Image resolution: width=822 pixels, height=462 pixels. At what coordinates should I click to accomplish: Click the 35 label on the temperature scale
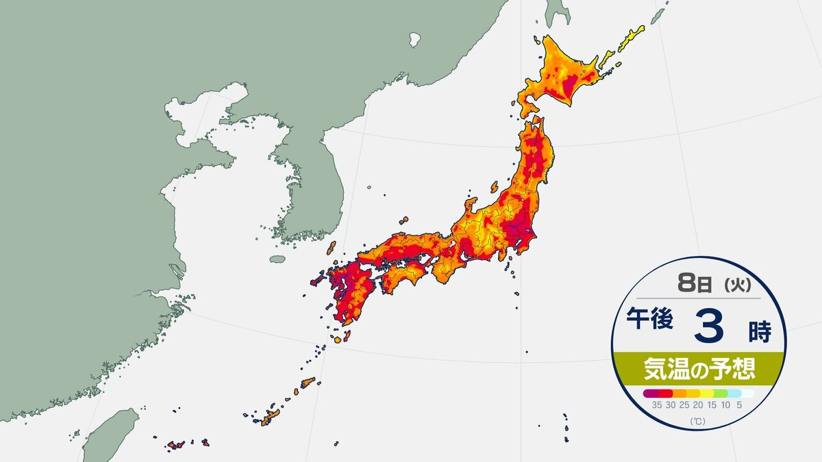(656, 405)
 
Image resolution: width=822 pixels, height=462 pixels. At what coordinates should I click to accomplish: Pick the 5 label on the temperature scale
(739, 405)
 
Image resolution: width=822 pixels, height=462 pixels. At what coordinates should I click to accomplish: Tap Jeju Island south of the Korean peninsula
(277, 259)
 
